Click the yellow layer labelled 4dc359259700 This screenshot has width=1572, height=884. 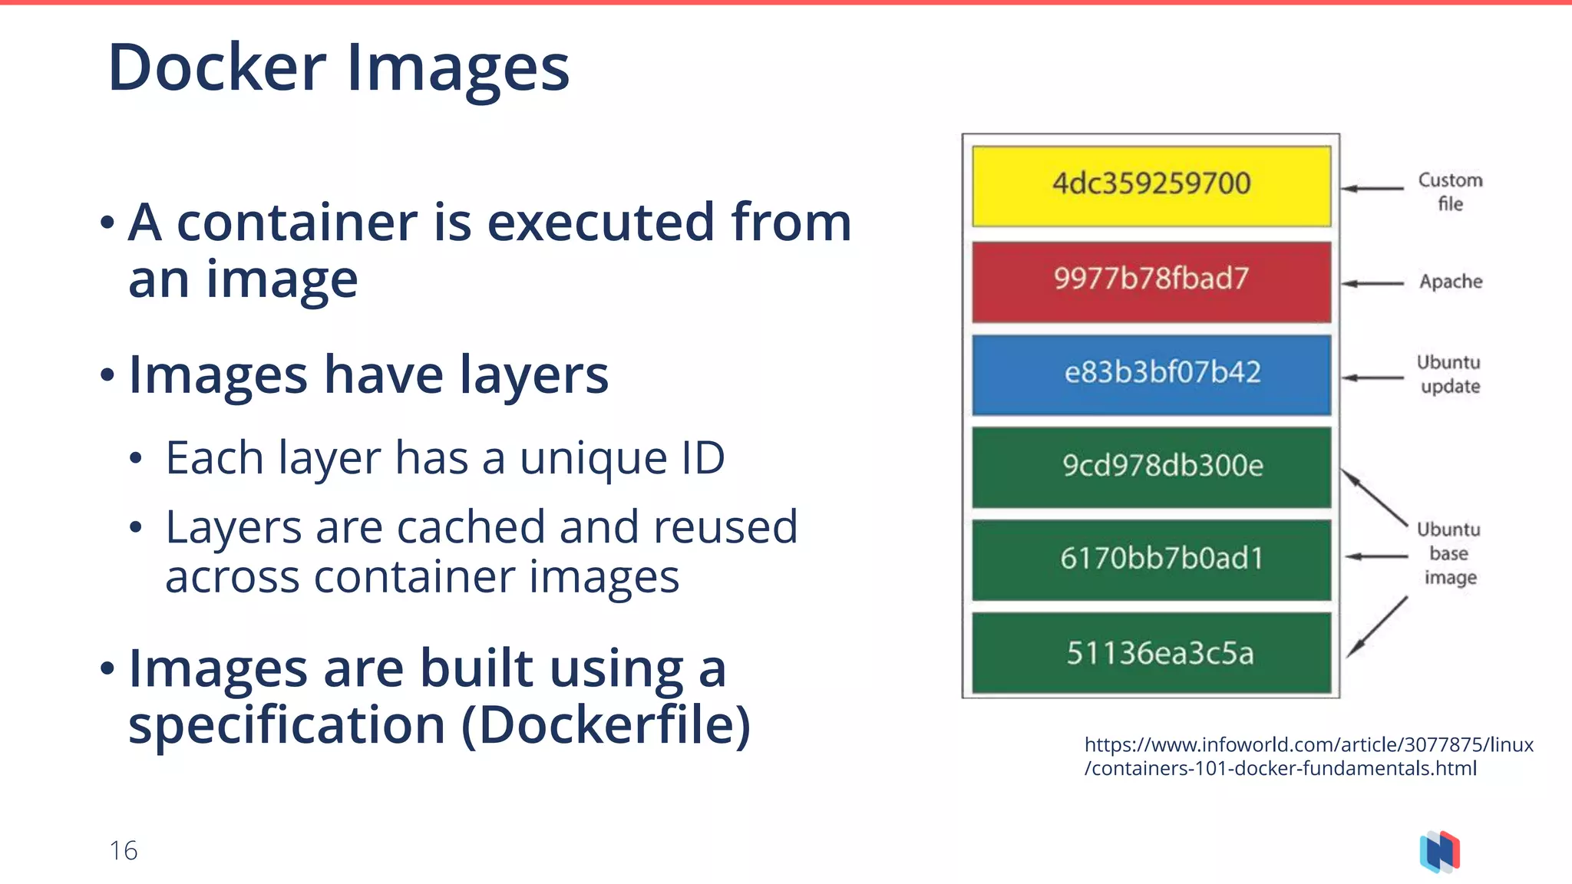1151,186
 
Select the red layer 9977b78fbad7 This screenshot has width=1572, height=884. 1151,281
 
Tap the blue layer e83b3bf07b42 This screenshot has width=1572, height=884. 1151,374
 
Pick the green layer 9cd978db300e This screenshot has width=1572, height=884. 1151,467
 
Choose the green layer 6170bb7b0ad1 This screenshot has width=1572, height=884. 1151,559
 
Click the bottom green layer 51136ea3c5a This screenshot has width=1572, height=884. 1151,653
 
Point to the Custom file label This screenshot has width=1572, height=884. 1450,192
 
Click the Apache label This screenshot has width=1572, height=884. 1450,282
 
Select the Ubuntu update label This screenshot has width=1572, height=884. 1448,374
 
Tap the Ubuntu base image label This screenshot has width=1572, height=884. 1448,553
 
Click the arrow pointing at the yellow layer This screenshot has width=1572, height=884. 1372,188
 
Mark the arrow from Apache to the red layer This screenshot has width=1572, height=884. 1372,283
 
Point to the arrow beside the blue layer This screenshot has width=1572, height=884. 1372,378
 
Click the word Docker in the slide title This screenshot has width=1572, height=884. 217,68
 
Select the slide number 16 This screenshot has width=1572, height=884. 123,850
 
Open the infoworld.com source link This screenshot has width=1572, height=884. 1308,756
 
